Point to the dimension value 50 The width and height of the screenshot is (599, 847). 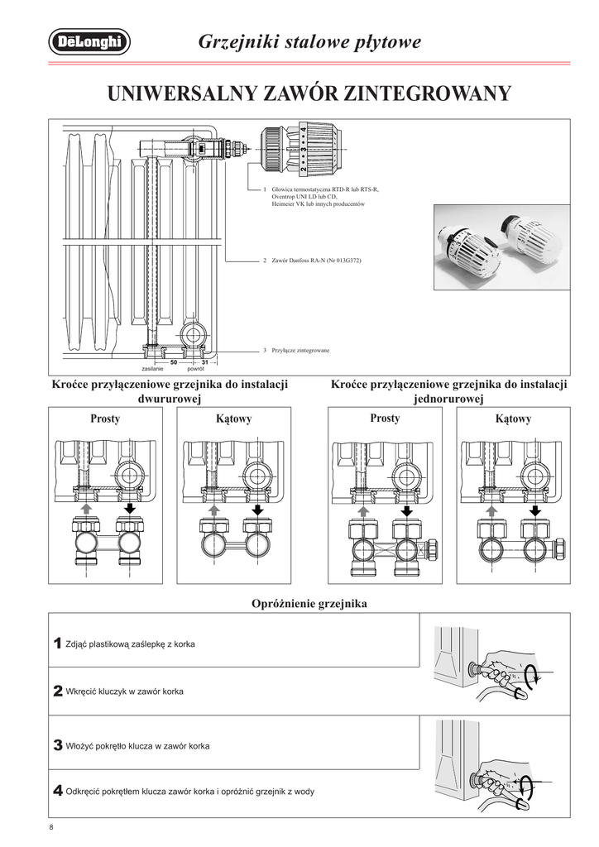174,362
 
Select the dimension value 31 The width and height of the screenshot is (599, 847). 204,362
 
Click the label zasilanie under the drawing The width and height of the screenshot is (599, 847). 152,369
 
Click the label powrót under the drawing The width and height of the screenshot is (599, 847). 195,369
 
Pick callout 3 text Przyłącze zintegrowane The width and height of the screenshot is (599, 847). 300,351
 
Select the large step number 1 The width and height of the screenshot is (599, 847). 57,643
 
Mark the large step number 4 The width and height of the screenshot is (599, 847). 57,791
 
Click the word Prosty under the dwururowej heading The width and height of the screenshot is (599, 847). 105,419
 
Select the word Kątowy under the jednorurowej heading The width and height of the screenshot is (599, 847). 513,419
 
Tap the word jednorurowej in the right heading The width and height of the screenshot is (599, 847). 448,400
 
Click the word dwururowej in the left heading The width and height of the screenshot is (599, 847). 170,400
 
